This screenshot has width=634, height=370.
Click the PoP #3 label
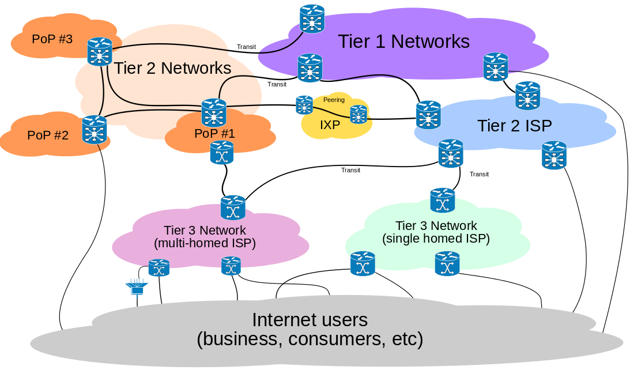point(52,39)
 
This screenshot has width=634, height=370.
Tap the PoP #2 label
point(48,135)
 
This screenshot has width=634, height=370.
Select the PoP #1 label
point(214,134)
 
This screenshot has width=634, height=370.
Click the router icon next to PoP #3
point(100,52)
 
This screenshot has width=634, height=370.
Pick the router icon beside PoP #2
point(95,129)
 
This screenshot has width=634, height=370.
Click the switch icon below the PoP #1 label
point(222,153)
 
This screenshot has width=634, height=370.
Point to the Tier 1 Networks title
point(403,41)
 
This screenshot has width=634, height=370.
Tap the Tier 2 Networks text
point(172,68)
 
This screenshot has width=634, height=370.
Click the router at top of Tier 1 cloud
point(312,18)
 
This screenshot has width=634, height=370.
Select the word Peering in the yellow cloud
point(334,100)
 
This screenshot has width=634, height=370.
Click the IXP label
point(330,124)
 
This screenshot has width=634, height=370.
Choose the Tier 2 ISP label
point(515,126)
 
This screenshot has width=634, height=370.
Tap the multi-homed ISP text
point(205,243)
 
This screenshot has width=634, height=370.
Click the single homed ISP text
point(436,239)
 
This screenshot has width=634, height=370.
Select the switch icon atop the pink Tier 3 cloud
point(233,207)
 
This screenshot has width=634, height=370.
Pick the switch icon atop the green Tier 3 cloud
point(443,200)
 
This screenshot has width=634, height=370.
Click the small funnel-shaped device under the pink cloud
point(137,288)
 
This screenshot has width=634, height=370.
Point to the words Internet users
point(310,320)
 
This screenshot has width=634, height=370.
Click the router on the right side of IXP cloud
point(358,114)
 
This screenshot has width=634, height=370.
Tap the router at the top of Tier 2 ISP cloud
point(527,96)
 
